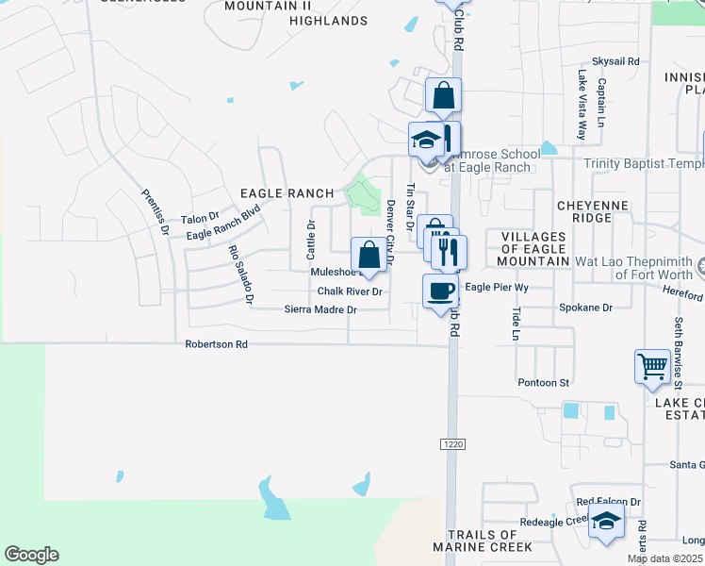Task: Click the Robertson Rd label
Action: pos(216,345)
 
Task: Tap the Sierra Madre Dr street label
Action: pos(320,309)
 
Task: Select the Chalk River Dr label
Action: pos(349,291)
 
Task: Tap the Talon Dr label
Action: pos(199,218)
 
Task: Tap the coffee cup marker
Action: pos(441,291)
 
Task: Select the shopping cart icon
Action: pos(652,366)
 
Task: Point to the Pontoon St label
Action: pos(544,383)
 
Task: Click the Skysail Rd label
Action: pos(615,61)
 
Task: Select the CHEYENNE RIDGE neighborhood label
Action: pos(598,210)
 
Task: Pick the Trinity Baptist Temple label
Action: pos(644,163)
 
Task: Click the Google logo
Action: pos(31,555)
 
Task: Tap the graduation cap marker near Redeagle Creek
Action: pos(606,521)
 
